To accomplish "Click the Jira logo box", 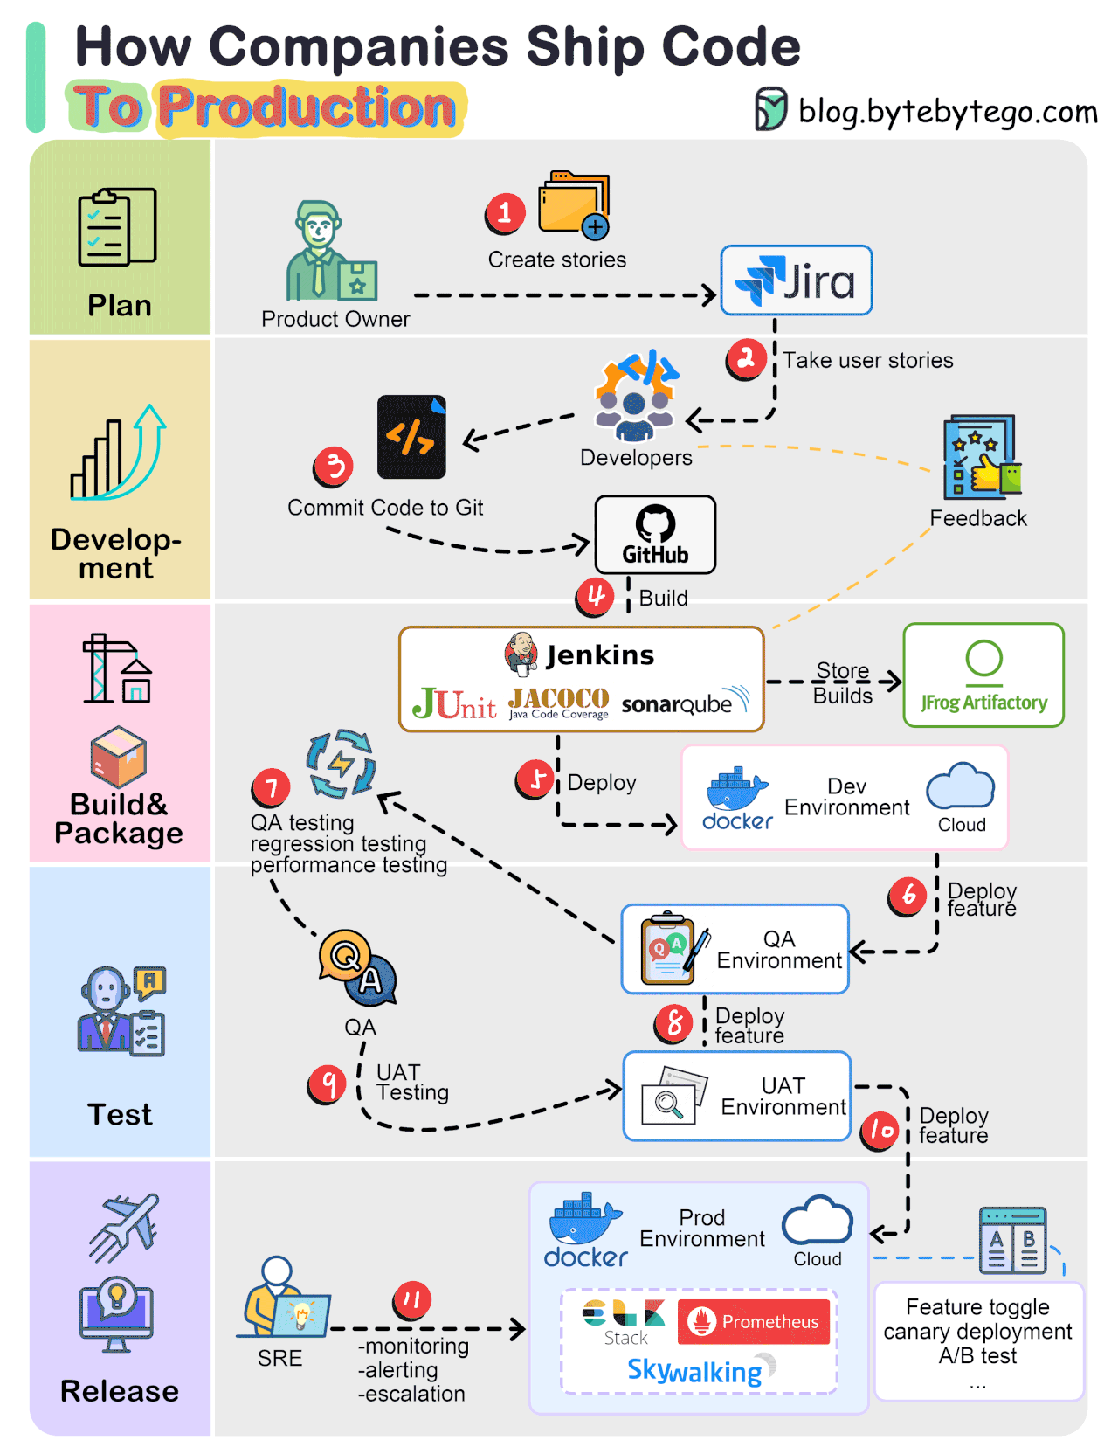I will [x=796, y=280].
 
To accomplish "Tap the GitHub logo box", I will [x=655, y=535].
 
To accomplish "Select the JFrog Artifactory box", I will [x=983, y=675].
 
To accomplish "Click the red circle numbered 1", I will [x=505, y=212].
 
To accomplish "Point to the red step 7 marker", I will [x=271, y=788].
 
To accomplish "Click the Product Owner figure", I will [x=325, y=253].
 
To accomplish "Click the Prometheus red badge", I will [x=754, y=1321].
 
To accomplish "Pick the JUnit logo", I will [x=454, y=703].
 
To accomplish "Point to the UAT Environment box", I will [x=736, y=1096].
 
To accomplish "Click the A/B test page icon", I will [x=1012, y=1241].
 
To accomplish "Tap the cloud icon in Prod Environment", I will [x=817, y=1221].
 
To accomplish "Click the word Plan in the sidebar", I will [x=120, y=306].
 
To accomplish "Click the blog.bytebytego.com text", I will [x=947, y=112].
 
